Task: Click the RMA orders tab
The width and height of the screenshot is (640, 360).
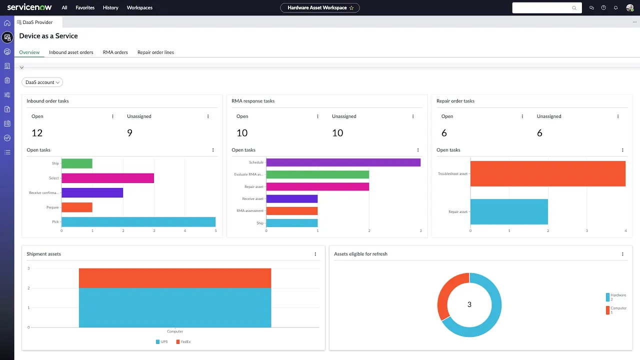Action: (115, 52)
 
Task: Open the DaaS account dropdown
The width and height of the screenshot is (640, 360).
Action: (42, 82)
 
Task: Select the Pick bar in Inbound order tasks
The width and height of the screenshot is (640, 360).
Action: (138, 221)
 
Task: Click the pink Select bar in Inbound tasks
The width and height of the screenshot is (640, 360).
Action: (107, 178)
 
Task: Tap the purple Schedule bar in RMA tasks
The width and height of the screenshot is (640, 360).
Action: (343, 162)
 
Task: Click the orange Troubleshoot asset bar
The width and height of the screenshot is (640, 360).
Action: (547, 173)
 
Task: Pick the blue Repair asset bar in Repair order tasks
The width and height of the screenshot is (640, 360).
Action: (509, 211)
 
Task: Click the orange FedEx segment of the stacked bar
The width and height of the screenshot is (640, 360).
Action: (175, 278)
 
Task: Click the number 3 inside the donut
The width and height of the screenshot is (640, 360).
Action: (469, 304)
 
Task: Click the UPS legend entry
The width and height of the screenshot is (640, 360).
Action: (161, 342)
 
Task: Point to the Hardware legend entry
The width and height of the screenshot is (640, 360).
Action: (615, 297)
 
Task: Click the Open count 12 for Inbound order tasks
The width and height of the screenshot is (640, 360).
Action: (37, 133)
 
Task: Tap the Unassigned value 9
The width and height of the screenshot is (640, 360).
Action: (129, 133)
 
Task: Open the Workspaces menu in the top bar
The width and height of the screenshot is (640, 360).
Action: (139, 7)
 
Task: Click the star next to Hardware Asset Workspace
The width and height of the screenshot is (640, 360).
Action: (351, 7)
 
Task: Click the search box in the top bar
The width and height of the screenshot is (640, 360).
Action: (542, 8)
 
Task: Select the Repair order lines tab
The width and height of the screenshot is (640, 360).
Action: (155, 52)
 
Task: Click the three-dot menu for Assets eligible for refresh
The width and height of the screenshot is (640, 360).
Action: (622, 254)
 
